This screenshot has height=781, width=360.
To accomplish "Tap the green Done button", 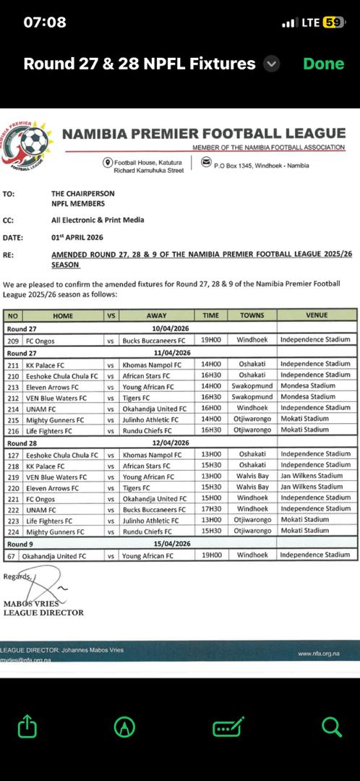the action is [x=323, y=64].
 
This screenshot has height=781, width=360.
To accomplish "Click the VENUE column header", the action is [x=316, y=315].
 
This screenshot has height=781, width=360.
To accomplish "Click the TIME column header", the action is [x=210, y=315].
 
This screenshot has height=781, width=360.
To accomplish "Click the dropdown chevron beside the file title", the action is [x=272, y=64].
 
